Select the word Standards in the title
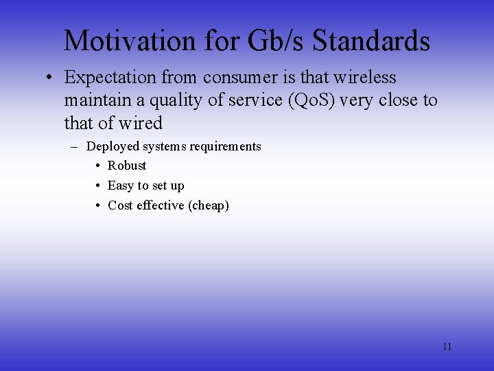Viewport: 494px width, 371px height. [371, 41]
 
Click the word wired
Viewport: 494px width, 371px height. [139, 124]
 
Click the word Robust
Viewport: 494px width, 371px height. [127, 166]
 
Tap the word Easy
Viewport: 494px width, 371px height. [121, 185]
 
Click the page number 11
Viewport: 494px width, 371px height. [447, 346]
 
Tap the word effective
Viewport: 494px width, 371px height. [160, 205]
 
